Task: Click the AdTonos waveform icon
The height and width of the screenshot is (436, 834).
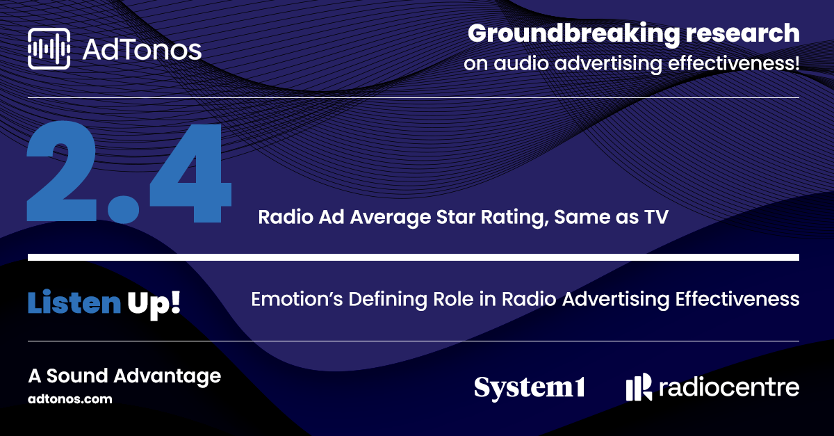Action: pos(49,49)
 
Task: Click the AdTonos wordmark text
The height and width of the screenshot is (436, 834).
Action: pos(142,50)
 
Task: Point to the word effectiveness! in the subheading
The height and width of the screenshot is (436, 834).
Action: pos(733,63)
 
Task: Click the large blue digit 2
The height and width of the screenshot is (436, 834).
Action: pos(62,172)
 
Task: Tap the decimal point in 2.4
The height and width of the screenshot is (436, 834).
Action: pos(123,207)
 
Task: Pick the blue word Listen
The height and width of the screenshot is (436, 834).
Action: pos(74,302)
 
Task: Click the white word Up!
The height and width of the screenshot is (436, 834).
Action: pos(154,304)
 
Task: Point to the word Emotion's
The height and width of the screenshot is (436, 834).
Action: pos(297,299)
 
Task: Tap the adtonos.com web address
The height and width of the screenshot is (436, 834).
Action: pos(70,399)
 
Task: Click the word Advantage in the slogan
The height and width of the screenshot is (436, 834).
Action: pos(167,376)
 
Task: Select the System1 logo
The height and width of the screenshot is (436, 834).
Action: pos(529,388)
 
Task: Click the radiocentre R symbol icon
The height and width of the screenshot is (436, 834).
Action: pos(639,387)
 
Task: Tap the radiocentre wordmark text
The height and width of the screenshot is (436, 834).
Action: pos(729,387)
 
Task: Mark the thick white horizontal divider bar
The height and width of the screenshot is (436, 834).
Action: pos(414,257)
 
